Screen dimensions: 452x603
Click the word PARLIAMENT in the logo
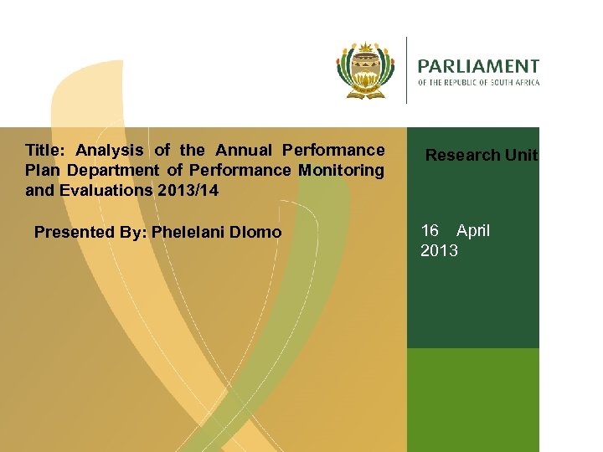pyautogui.click(x=478, y=65)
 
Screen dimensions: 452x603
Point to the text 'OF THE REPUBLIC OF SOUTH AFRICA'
pyautogui.click(x=478, y=82)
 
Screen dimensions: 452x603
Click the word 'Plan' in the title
pyautogui.click(x=41, y=170)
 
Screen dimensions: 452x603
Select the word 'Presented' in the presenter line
pyautogui.click(x=75, y=232)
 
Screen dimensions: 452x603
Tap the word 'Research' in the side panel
pyautogui.click(x=463, y=155)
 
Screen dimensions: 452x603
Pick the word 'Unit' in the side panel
pyautogui.click(x=522, y=155)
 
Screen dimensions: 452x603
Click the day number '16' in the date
pyautogui.click(x=430, y=231)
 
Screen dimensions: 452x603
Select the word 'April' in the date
pyautogui.click(x=473, y=231)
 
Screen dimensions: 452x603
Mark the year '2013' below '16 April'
pyautogui.click(x=439, y=250)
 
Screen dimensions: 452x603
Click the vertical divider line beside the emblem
pyautogui.click(x=406, y=70)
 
